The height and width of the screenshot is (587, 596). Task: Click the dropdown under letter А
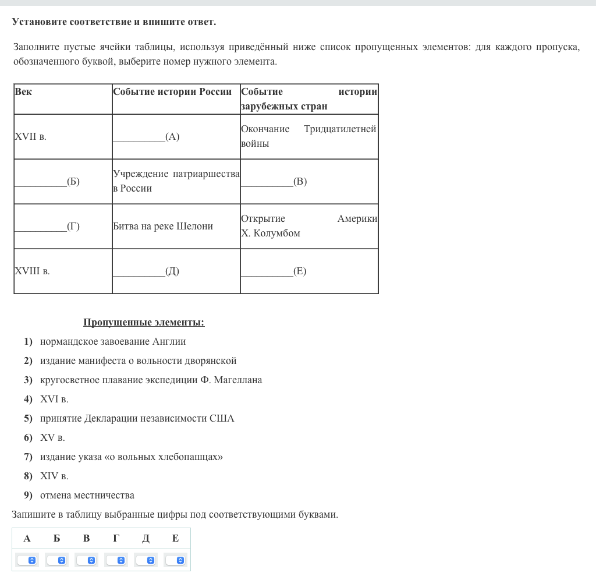point(27,560)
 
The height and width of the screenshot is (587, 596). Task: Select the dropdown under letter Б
point(56,560)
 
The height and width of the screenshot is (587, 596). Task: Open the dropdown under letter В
point(86,560)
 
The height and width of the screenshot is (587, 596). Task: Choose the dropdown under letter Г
point(116,560)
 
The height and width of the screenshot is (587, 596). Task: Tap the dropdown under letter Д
point(146,560)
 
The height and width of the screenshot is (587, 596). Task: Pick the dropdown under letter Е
point(175,560)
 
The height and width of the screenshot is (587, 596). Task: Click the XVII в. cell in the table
point(30,137)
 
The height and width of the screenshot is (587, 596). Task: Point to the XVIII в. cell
point(32,271)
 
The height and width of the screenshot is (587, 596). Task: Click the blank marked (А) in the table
point(139,137)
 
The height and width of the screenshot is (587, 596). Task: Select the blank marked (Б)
point(40,182)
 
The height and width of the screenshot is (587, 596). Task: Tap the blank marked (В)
point(267,182)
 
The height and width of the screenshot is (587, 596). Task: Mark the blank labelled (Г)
point(40,227)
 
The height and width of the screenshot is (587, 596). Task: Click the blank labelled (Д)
point(139,271)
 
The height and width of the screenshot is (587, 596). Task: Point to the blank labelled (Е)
point(267,271)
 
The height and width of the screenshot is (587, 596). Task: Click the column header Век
point(23,92)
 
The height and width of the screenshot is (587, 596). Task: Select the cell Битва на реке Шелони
point(163,227)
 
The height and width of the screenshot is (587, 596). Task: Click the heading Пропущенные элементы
point(144,323)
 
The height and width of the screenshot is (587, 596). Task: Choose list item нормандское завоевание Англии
point(113,342)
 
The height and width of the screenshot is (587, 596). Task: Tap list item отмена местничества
point(87,496)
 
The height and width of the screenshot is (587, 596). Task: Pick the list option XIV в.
point(54,476)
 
